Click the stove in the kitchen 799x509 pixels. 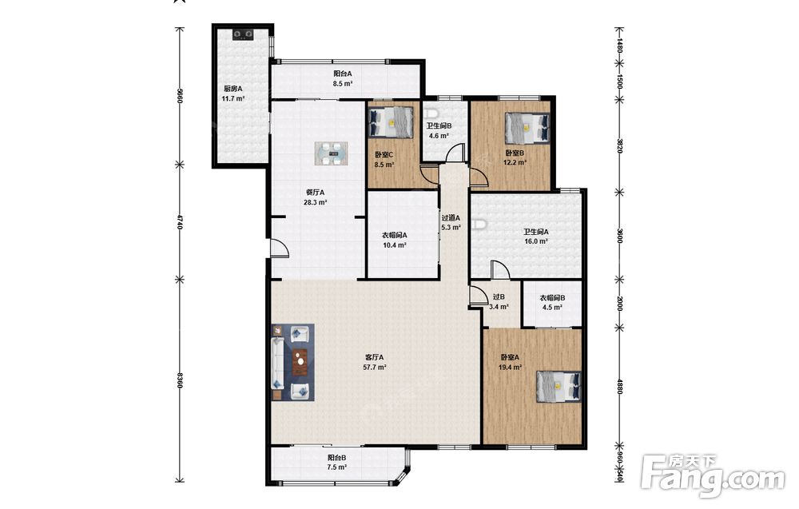[x=243, y=34]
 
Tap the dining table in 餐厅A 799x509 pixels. [x=332, y=153]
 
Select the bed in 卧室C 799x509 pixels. [x=391, y=122]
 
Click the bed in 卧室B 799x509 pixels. [x=527, y=128]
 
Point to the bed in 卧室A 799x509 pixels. [x=559, y=387]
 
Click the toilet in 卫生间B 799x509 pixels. [x=431, y=113]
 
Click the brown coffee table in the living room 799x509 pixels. [x=300, y=362]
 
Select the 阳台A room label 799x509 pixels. [x=343, y=74]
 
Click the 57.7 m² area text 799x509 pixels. [x=375, y=367]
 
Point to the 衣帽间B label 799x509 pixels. [x=552, y=298]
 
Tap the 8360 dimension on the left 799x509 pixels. [x=179, y=380]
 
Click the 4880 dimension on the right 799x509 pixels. [x=620, y=386]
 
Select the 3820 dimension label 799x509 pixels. [x=620, y=145]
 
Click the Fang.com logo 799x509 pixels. [x=714, y=475]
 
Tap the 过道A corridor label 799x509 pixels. [x=451, y=217]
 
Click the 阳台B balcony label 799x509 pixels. [x=337, y=458]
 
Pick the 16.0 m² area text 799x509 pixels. [x=536, y=241]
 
